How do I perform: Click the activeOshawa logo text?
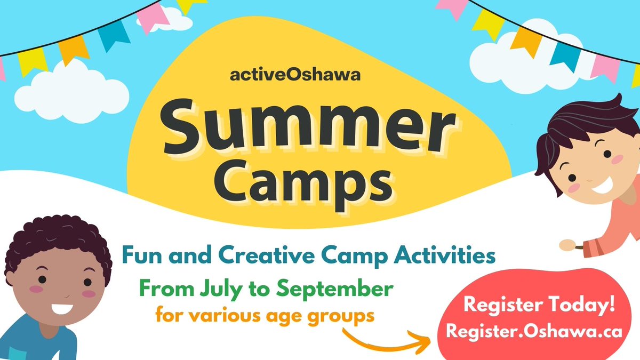[295, 75]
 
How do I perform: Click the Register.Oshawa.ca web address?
[534, 331]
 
